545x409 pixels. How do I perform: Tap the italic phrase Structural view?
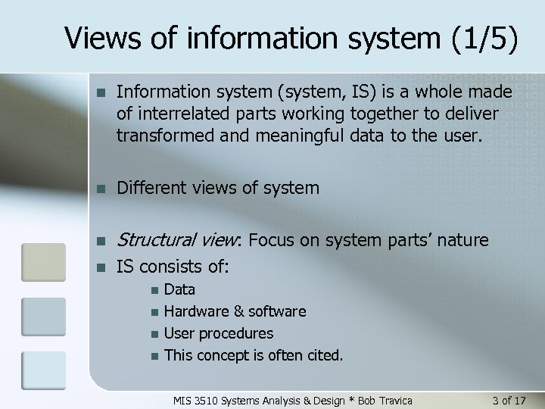[177, 241]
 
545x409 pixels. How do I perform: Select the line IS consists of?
[173, 267]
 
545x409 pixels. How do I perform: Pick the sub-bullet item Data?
[179, 289]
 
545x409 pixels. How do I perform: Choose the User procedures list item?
[219, 333]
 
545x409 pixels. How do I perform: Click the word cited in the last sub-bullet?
[322, 354]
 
